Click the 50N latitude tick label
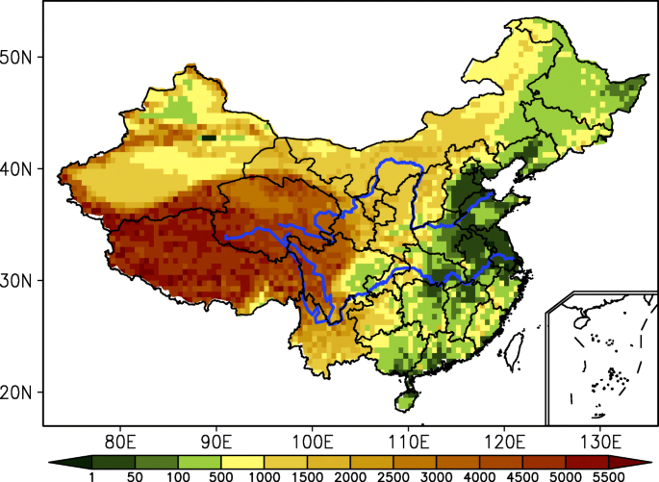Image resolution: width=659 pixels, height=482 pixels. pyautogui.click(x=19, y=57)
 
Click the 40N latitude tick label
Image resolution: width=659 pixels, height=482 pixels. pyautogui.click(x=19, y=169)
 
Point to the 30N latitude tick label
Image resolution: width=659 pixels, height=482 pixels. pyautogui.click(x=19, y=281)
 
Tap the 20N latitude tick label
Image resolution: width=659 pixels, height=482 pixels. pyautogui.click(x=19, y=393)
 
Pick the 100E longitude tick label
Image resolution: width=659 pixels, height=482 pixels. pyautogui.click(x=313, y=442)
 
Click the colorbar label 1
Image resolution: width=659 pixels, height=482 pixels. pyautogui.click(x=91, y=474)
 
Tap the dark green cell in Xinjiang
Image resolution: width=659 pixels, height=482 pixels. pyautogui.click(x=208, y=139)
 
